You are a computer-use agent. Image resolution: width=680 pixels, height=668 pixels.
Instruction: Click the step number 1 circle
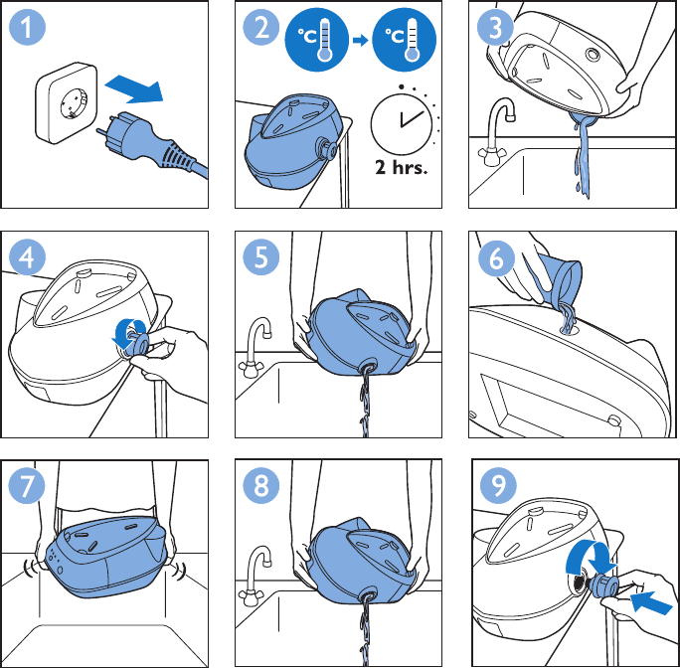27,27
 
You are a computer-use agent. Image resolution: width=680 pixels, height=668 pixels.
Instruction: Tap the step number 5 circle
260,256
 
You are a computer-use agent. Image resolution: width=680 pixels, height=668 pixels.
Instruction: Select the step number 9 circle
498,485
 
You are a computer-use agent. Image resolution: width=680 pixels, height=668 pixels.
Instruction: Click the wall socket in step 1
67,102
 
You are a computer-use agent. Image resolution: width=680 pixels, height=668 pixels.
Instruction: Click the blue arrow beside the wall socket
134,88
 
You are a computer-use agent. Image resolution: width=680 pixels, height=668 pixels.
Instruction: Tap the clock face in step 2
402,123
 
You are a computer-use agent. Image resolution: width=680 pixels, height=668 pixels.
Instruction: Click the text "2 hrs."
402,167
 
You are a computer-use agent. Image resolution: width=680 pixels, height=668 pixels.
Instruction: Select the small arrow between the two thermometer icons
361,41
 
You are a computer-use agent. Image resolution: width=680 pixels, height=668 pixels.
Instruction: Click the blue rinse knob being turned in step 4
138,340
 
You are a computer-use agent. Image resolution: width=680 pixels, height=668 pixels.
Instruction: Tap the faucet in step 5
255,347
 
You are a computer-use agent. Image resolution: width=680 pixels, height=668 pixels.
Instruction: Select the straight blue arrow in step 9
651,603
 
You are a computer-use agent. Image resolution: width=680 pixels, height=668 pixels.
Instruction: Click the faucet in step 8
255,576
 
